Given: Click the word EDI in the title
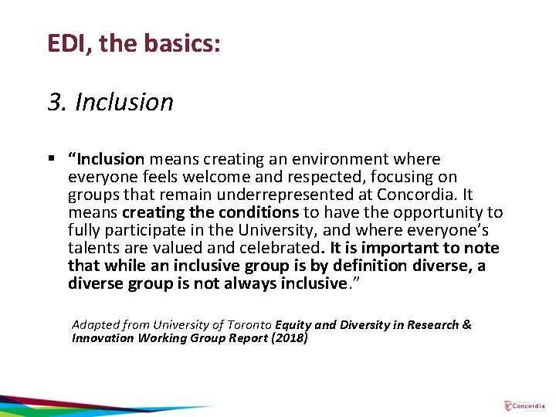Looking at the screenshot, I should click(x=65, y=43).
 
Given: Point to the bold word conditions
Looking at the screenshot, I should click(x=259, y=212).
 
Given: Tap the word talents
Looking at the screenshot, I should click(x=90, y=248).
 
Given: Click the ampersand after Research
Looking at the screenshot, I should click(x=466, y=325).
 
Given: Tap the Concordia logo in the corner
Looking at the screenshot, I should click(x=523, y=405).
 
